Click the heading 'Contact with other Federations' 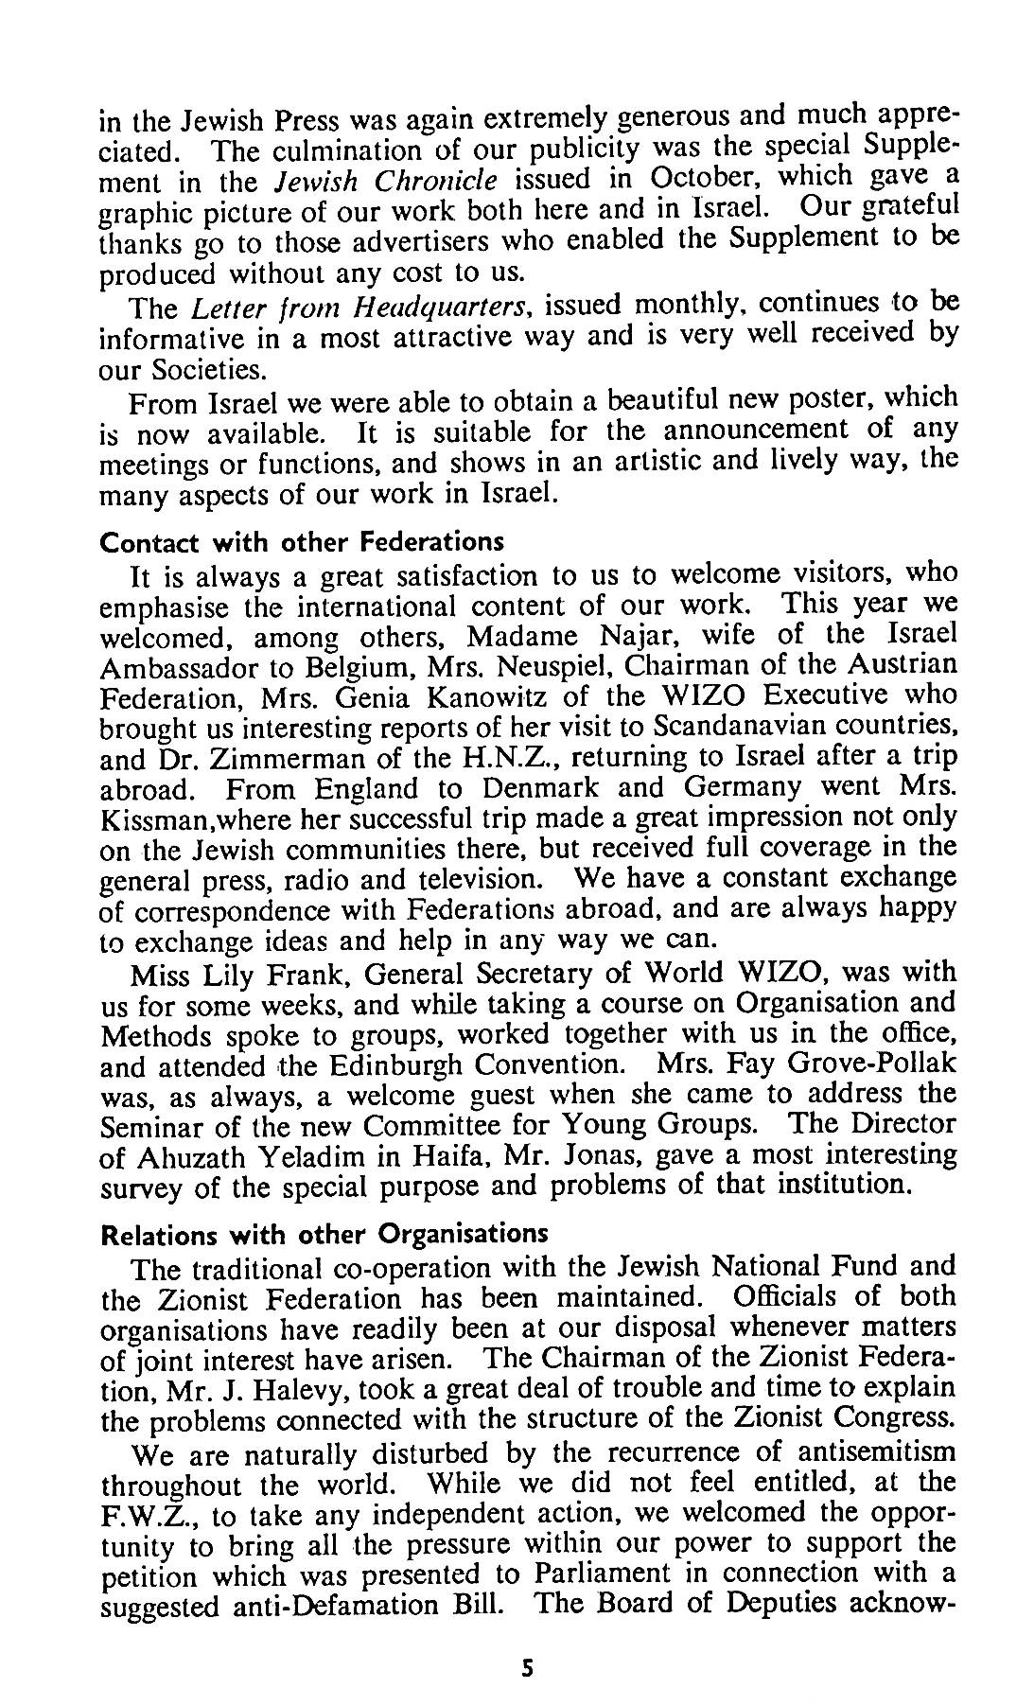point(302,543)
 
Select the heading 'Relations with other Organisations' point(324,1235)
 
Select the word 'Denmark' point(546,788)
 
